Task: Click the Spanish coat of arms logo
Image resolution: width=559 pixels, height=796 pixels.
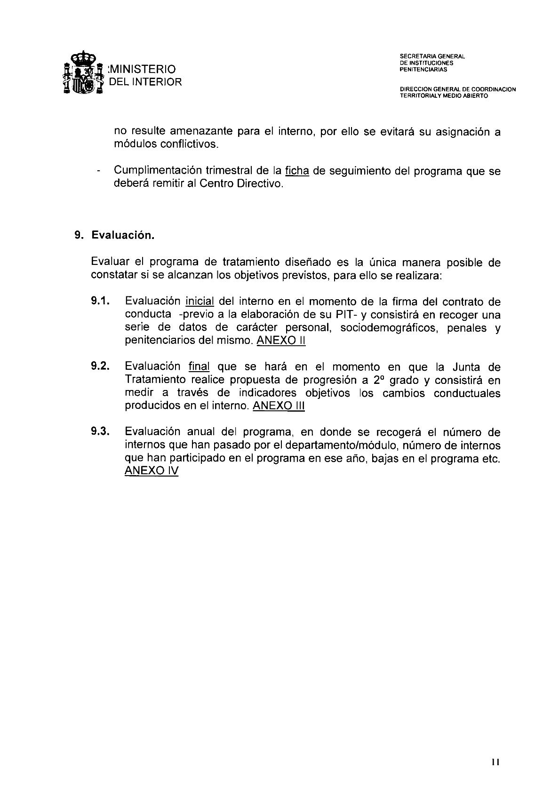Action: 83,74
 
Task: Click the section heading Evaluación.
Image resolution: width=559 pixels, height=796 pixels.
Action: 123,235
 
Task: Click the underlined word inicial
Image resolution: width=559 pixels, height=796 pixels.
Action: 200,302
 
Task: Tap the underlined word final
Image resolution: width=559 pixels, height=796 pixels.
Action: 199,367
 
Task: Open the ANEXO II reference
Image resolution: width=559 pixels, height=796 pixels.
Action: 281,341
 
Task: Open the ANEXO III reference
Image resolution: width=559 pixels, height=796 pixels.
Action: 279,406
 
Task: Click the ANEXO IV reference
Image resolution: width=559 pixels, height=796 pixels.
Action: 152,471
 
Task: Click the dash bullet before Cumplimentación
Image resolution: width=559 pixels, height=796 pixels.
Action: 97,172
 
